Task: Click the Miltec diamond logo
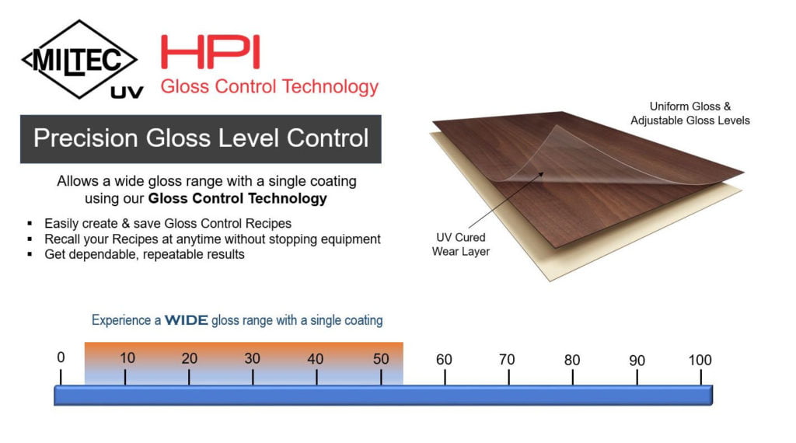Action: [x=79, y=59]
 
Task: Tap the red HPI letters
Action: [x=210, y=52]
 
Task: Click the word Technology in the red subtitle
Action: [x=330, y=87]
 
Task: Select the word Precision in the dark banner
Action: [x=86, y=138]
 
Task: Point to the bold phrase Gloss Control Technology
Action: [x=238, y=198]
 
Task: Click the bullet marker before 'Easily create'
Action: [x=30, y=223]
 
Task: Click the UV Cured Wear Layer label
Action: [x=460, y=244]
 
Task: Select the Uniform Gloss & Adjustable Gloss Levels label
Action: [x=690, y=113]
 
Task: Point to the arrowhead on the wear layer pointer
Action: [x=541, y=175]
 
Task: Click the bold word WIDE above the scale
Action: [x=187, y=320]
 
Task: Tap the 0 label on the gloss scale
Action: [x=61, y=358]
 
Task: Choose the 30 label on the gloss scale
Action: [x=253, y=358]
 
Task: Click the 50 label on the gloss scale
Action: [x=381, y=359]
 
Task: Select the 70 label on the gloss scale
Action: [x=507, y=359]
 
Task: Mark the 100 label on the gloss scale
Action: [x=700, y=360]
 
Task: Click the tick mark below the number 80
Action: [x=573, y=378]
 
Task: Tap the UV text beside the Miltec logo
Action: [x=127, y=92]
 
